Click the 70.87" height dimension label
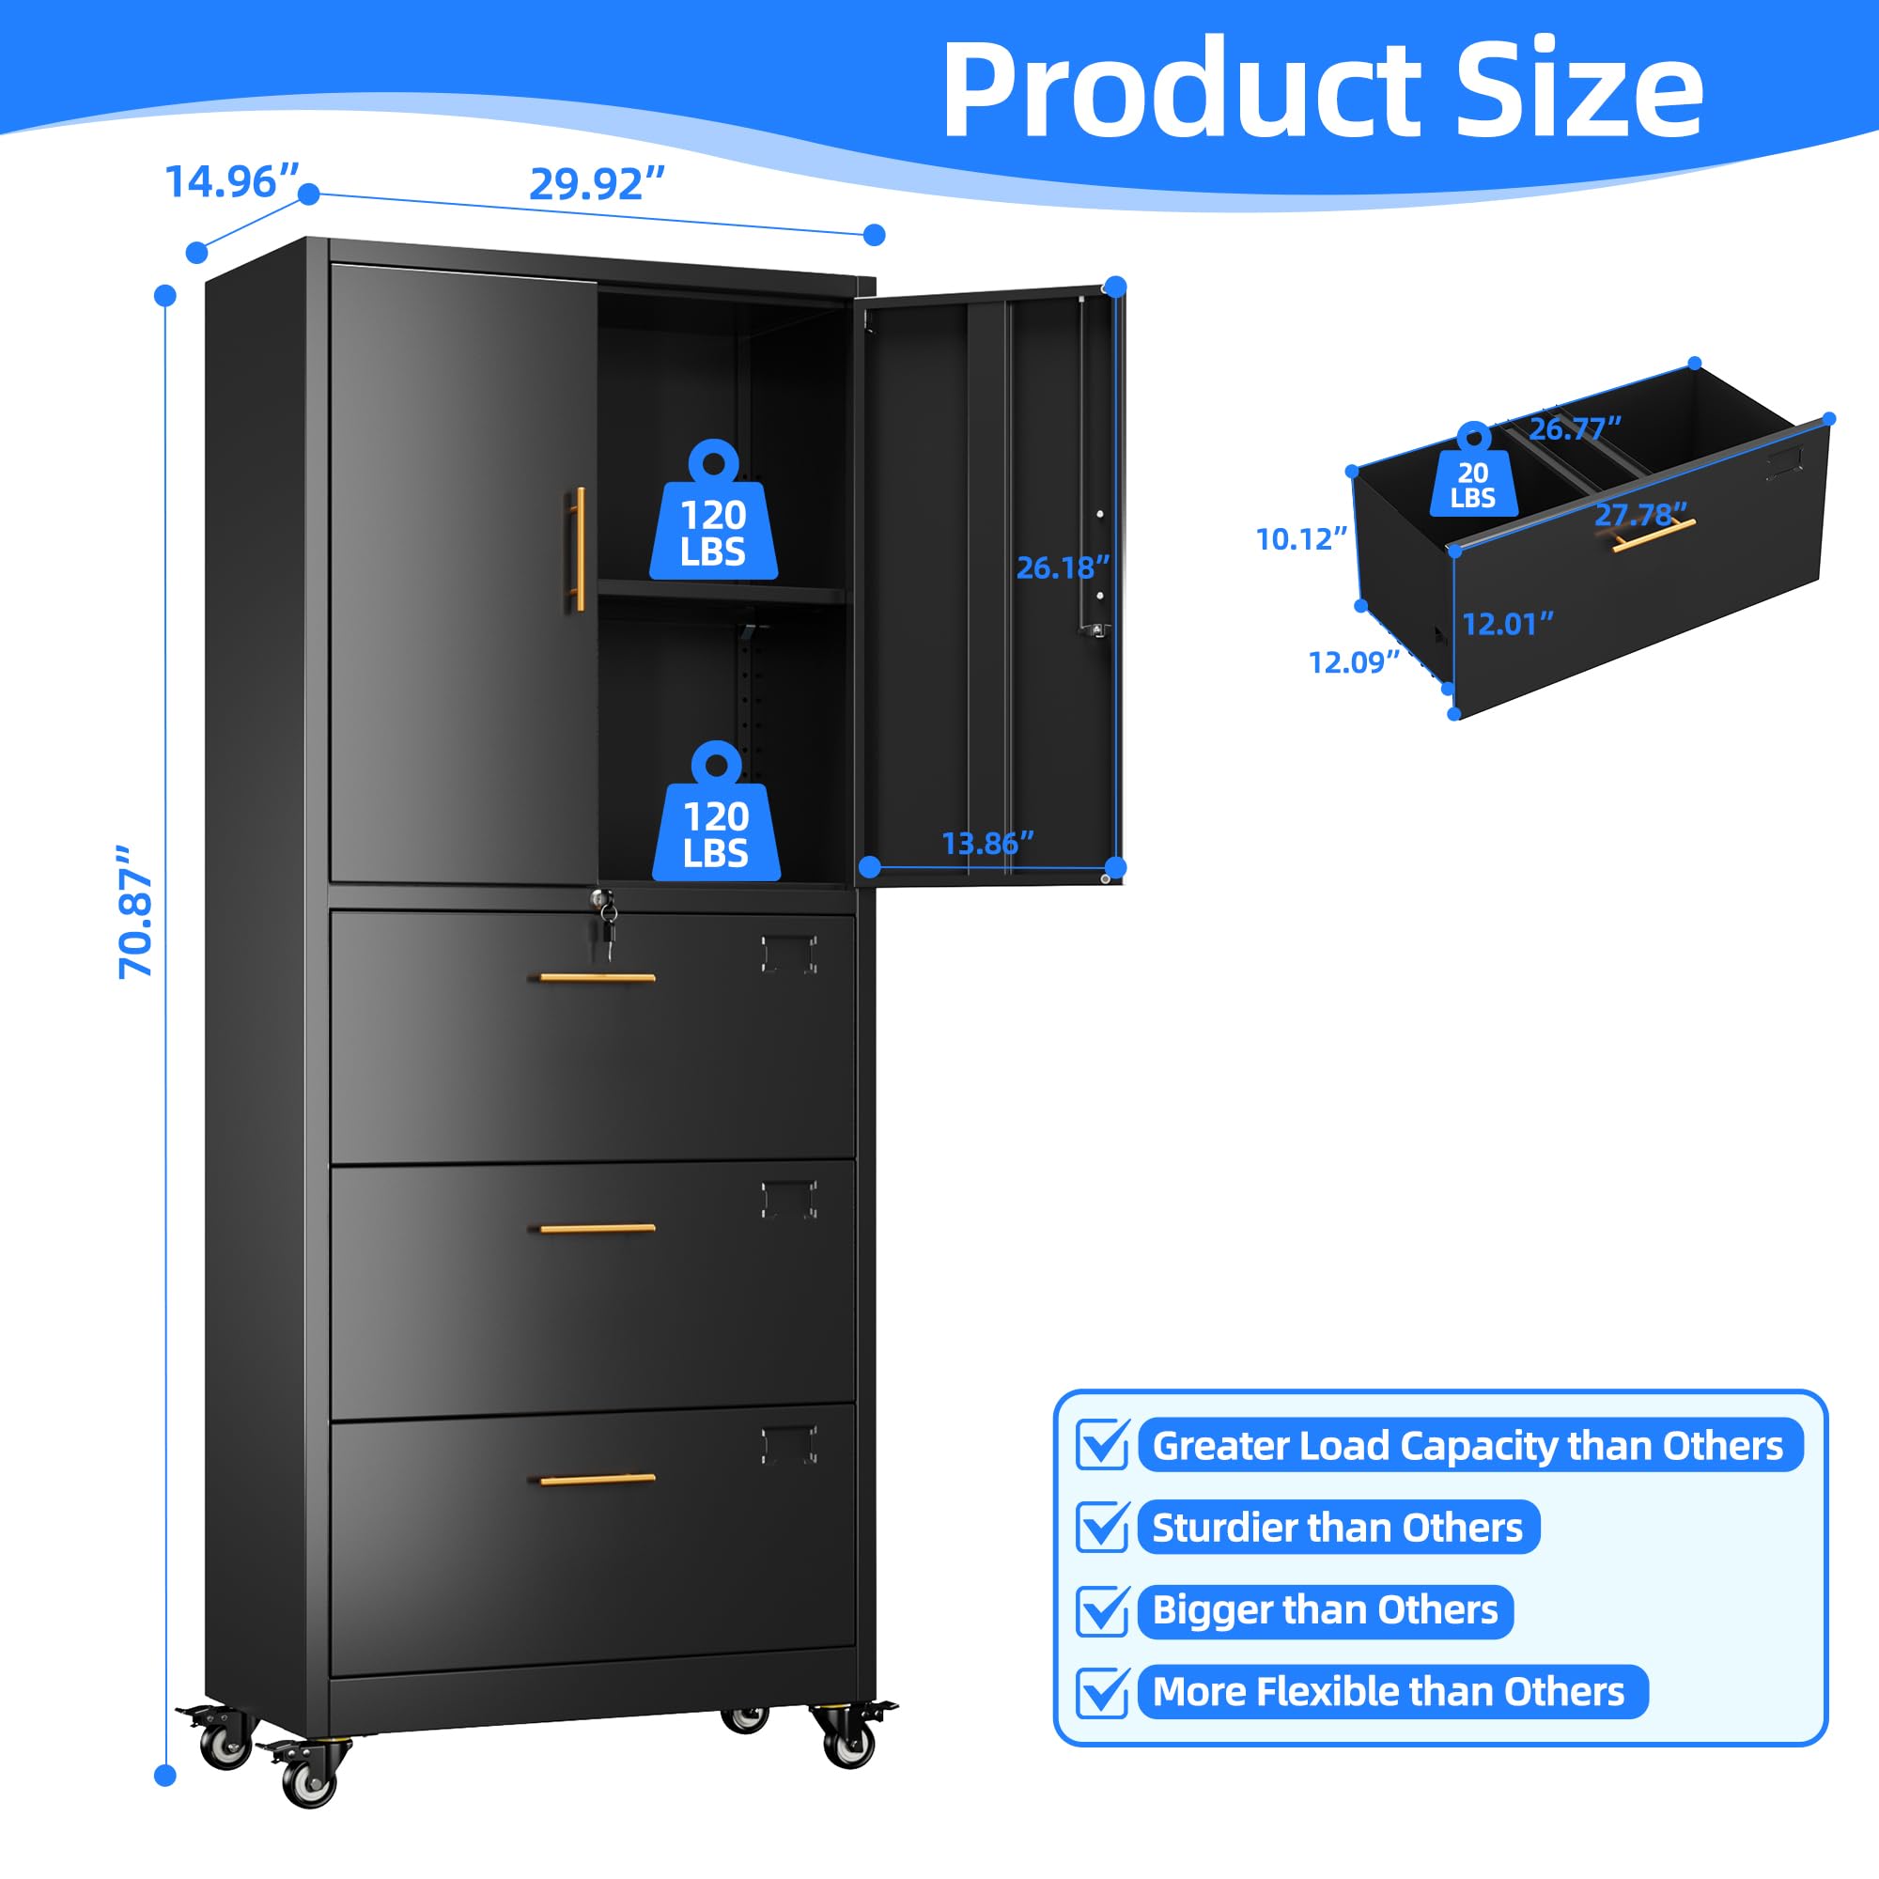pyautogui.click(x=135, y=911)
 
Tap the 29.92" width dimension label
pyautogui.click(x=597, y=184)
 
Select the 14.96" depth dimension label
pyautogui.click(x=231, y=182)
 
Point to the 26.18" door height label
pyautogui.click(x=1062, y=568)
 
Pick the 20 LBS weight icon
pyautogui.click(x=1472, y=476)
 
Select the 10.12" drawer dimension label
pyautogui.click(x=1300, y=538)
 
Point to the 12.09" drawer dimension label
pyautogui.click(x=1353, y=662)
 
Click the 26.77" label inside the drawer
pyautogui.click(x=1575, y=427)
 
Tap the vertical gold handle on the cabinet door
pyautogui.click(x=579, y=549)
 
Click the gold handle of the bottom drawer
pyautogui.click(x=598, y=1480)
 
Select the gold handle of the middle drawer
pyautogui.click(x=598, y=1228)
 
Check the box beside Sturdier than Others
pyautogui.click(x=1102, y=1527)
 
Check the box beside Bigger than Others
pyautogui.click(x=1102, y=1610)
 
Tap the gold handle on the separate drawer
pyautogui.click(x=1653, y=535)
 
